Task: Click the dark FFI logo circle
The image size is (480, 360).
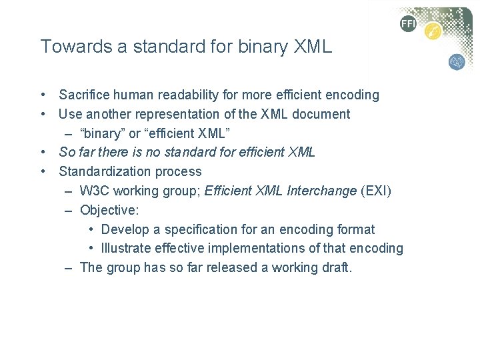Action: (x=408, y=24)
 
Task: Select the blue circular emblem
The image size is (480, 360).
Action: (x=457, y=62)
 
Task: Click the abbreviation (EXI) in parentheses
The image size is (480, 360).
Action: (x=376, y=191)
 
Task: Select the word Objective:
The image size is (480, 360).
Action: (x=109, y=210)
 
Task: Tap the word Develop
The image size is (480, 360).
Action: (x=125, y=229)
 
